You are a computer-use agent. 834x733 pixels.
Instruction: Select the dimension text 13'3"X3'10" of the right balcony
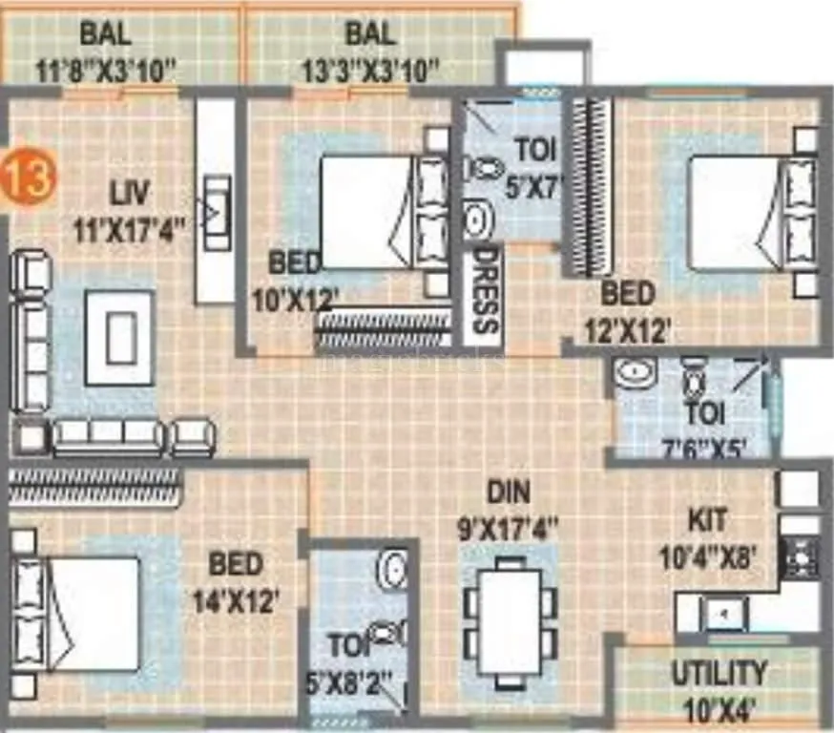[371, 70]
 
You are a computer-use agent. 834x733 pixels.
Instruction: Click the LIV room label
[128, 194]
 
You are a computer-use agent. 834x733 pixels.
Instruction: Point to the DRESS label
[485, 290]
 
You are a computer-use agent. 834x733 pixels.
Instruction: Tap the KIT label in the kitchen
[707, 521]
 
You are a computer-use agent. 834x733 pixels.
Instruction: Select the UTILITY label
[718, 674]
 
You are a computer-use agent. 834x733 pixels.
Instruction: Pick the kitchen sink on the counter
[725, 614]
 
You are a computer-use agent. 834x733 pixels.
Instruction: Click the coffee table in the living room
[119, 338]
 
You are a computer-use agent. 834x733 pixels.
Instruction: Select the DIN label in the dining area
[509, 492]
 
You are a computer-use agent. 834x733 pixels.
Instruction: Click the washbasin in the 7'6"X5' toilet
[633, 373]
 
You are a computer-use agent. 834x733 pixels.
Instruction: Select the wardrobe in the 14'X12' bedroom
[94, 484]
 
